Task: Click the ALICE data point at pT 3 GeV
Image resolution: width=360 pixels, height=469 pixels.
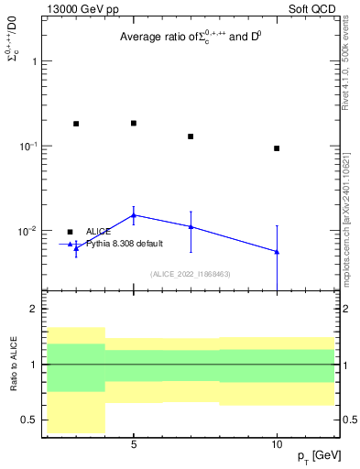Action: point(76,124)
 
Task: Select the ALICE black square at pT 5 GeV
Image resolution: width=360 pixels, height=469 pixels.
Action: point(134,123)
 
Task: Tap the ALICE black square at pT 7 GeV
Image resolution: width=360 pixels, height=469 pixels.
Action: point(191,136)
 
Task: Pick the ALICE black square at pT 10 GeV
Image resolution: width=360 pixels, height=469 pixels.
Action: point(277,148)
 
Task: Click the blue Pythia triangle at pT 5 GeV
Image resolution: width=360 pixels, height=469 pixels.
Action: point(134,215)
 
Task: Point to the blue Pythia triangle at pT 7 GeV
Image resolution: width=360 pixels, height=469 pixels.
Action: point(191,226)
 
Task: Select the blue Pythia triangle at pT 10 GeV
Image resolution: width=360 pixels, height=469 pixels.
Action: point(277,251)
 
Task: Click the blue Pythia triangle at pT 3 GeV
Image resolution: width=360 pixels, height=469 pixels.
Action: point(76,246)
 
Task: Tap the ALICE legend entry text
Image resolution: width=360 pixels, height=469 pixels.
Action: point(98,232)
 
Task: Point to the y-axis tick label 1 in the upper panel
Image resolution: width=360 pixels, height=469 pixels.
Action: point(34,61)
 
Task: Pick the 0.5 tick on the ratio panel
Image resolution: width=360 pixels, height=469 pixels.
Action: point(30,420)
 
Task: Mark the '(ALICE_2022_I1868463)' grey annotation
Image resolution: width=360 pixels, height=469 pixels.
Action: point(190,273)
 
